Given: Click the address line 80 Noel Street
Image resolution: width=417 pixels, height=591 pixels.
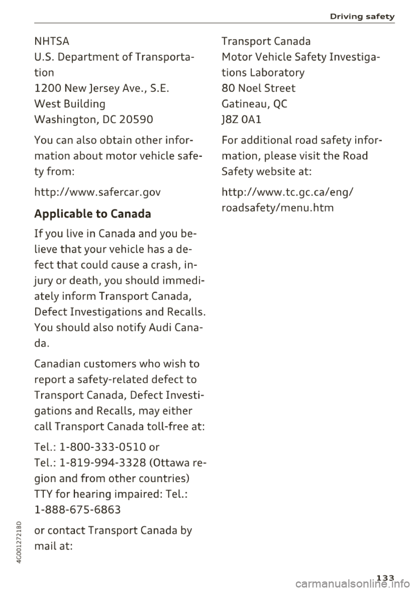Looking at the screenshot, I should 258,88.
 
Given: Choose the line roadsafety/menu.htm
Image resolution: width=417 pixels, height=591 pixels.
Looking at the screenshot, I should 278,207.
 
